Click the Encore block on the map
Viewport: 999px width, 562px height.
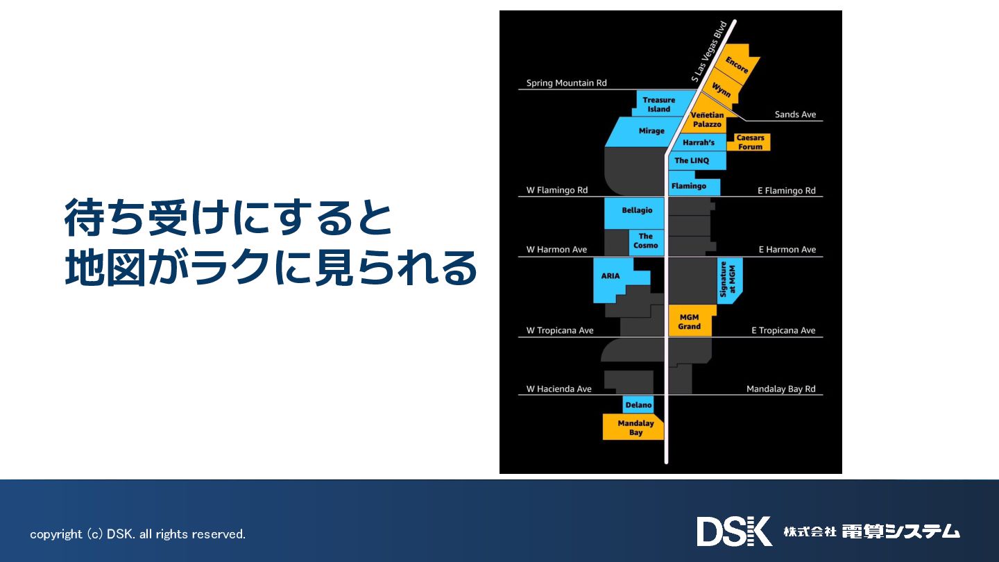737,65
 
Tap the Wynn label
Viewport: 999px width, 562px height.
721,90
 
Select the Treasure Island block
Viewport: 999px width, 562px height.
658,105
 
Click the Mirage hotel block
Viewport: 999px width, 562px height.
651,131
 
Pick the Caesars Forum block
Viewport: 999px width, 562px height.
749,142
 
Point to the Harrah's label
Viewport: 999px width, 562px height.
698,143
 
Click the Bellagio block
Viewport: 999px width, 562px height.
637,211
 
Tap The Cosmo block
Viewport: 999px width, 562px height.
646,241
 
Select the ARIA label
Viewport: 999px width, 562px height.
610,276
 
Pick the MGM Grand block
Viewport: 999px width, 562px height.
690,321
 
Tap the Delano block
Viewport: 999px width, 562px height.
638,405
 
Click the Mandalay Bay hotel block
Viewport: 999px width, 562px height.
635,427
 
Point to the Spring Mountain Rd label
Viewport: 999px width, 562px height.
566,83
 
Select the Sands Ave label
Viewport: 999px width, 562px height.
795,114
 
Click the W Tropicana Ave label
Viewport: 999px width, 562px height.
560,330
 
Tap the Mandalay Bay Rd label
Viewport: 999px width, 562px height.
780,389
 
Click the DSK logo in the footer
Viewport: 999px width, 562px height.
734,531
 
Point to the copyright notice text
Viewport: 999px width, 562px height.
137,534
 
